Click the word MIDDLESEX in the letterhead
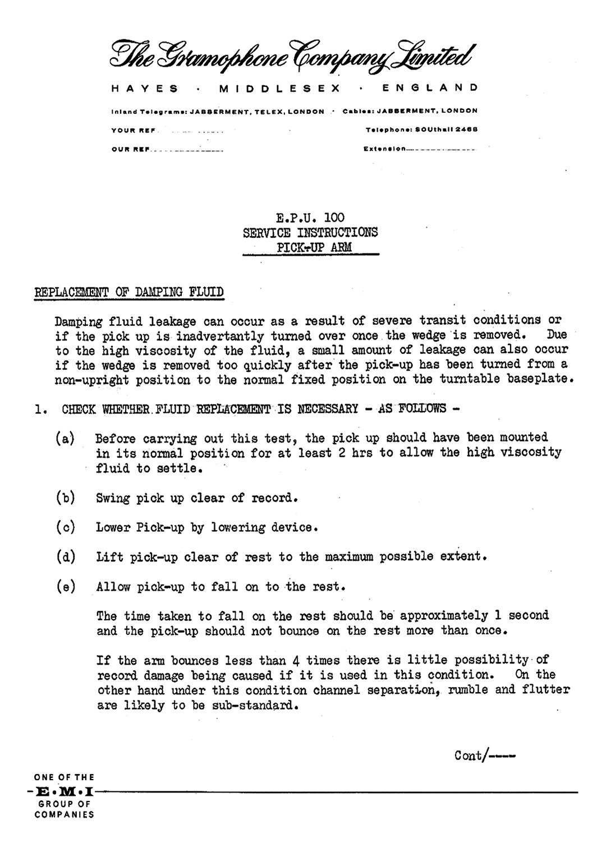tap(280, 88)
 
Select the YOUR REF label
tap(133, 131)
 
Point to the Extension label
tap(384, 149)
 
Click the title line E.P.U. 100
tap(310, 218)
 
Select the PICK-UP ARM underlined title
tap(310, 247)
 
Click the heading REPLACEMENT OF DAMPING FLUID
tap(129, 292)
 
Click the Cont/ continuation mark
tap(484, 755)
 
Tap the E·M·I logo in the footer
tap(63, 793)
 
